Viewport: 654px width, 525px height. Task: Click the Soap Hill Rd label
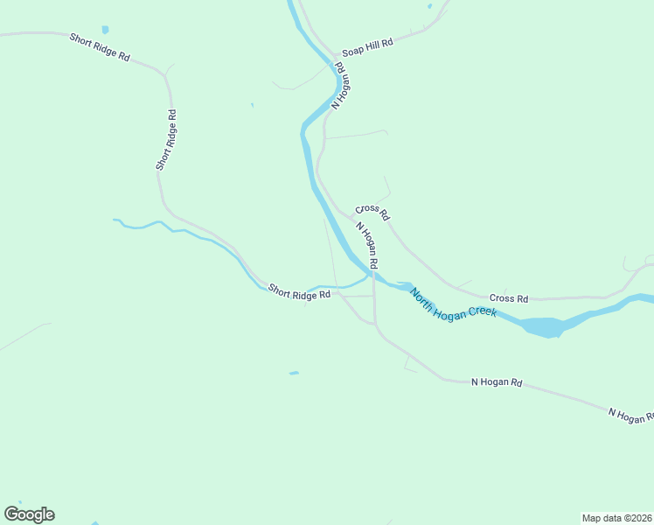click(x=367, y=45)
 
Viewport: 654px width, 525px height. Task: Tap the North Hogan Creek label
click(x=453, y=302)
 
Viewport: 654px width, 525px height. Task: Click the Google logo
click(x=29, y=514)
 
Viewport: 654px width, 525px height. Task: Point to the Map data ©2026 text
click(x=616, y=518)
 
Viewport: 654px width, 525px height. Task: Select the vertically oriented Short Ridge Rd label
click(x=166, y=139)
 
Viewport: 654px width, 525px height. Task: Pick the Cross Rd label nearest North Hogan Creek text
click(x=509, y=299)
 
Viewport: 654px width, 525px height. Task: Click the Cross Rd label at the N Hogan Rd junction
click(x=372, y=211)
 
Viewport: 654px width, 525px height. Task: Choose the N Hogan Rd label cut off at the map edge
click(x=630, y=415)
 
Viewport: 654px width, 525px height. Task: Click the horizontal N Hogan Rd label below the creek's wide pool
click(x=496, y=382)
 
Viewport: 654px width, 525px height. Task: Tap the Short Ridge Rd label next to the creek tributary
click(x=299, y=292)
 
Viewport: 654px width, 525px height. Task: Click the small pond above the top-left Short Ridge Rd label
click(x=105, y=30)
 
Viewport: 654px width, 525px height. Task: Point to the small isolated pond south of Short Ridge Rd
click(x=294, y=374)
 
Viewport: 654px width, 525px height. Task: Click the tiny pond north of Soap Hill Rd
click(x=429, y=6)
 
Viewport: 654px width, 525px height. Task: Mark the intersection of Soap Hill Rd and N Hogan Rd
click(x=333, y=55)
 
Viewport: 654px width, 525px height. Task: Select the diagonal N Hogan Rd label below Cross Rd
click(x=367, y=244)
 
